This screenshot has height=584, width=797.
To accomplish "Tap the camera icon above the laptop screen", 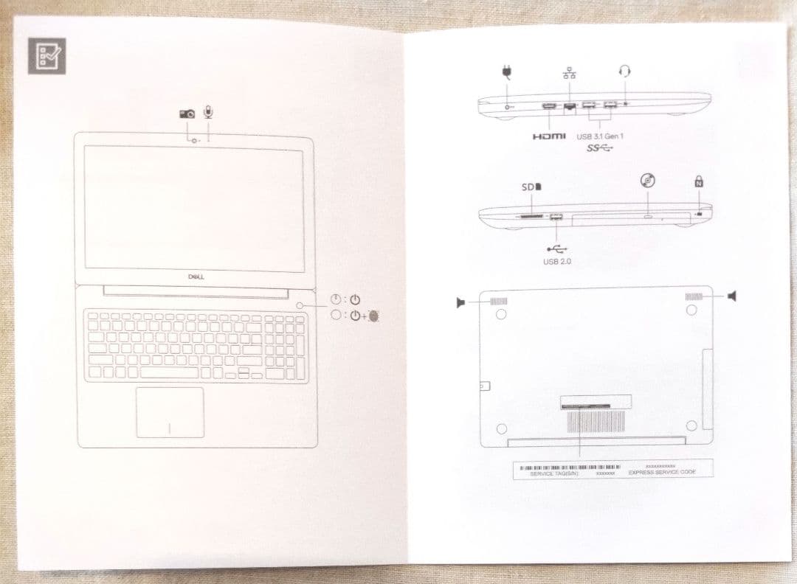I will pyautogui.click(x=187, y=113).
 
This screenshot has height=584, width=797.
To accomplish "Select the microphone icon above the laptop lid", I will pyautogui.click(x=209, y=112).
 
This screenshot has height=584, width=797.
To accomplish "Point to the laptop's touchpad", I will pyautogui.click(x=170, y=411).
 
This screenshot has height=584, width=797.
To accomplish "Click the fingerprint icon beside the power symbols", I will pyautogui.click(x=375, y=317).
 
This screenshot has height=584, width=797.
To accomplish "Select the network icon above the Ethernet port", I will pyautogui.click(x=569, y=72).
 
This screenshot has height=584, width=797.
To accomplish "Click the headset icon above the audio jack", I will pyautogui.click(x=625, y=71).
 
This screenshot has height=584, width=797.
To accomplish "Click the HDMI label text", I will pyautogui.click(x=548, y=136).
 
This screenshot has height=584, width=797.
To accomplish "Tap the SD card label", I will pyautogui.click(x=531, y=187).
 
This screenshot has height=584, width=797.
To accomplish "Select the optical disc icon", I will pyautogui.click(x=647, y=181).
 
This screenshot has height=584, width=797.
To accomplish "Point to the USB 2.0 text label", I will pyautogui.click(x=557, y=261).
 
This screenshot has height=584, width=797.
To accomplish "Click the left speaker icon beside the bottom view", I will pyautogui.click(x=460, y=302).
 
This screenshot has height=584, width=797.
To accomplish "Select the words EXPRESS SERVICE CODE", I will pyautogui.click(x=661, y=472).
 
